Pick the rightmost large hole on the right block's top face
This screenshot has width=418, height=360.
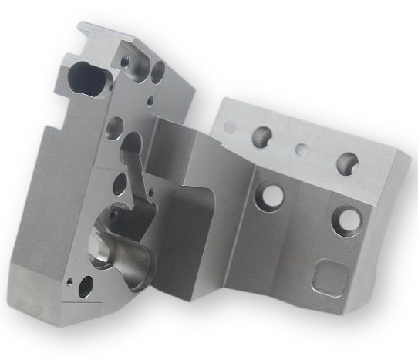[347, 163]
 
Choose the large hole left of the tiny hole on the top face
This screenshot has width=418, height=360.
[261, 136]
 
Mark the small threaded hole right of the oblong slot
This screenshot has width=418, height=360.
[126, 59]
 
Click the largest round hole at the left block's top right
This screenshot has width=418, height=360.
[157, 72]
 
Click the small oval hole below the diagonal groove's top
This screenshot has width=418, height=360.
[120, 184]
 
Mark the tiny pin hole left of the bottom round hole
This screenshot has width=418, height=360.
[69, 281]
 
